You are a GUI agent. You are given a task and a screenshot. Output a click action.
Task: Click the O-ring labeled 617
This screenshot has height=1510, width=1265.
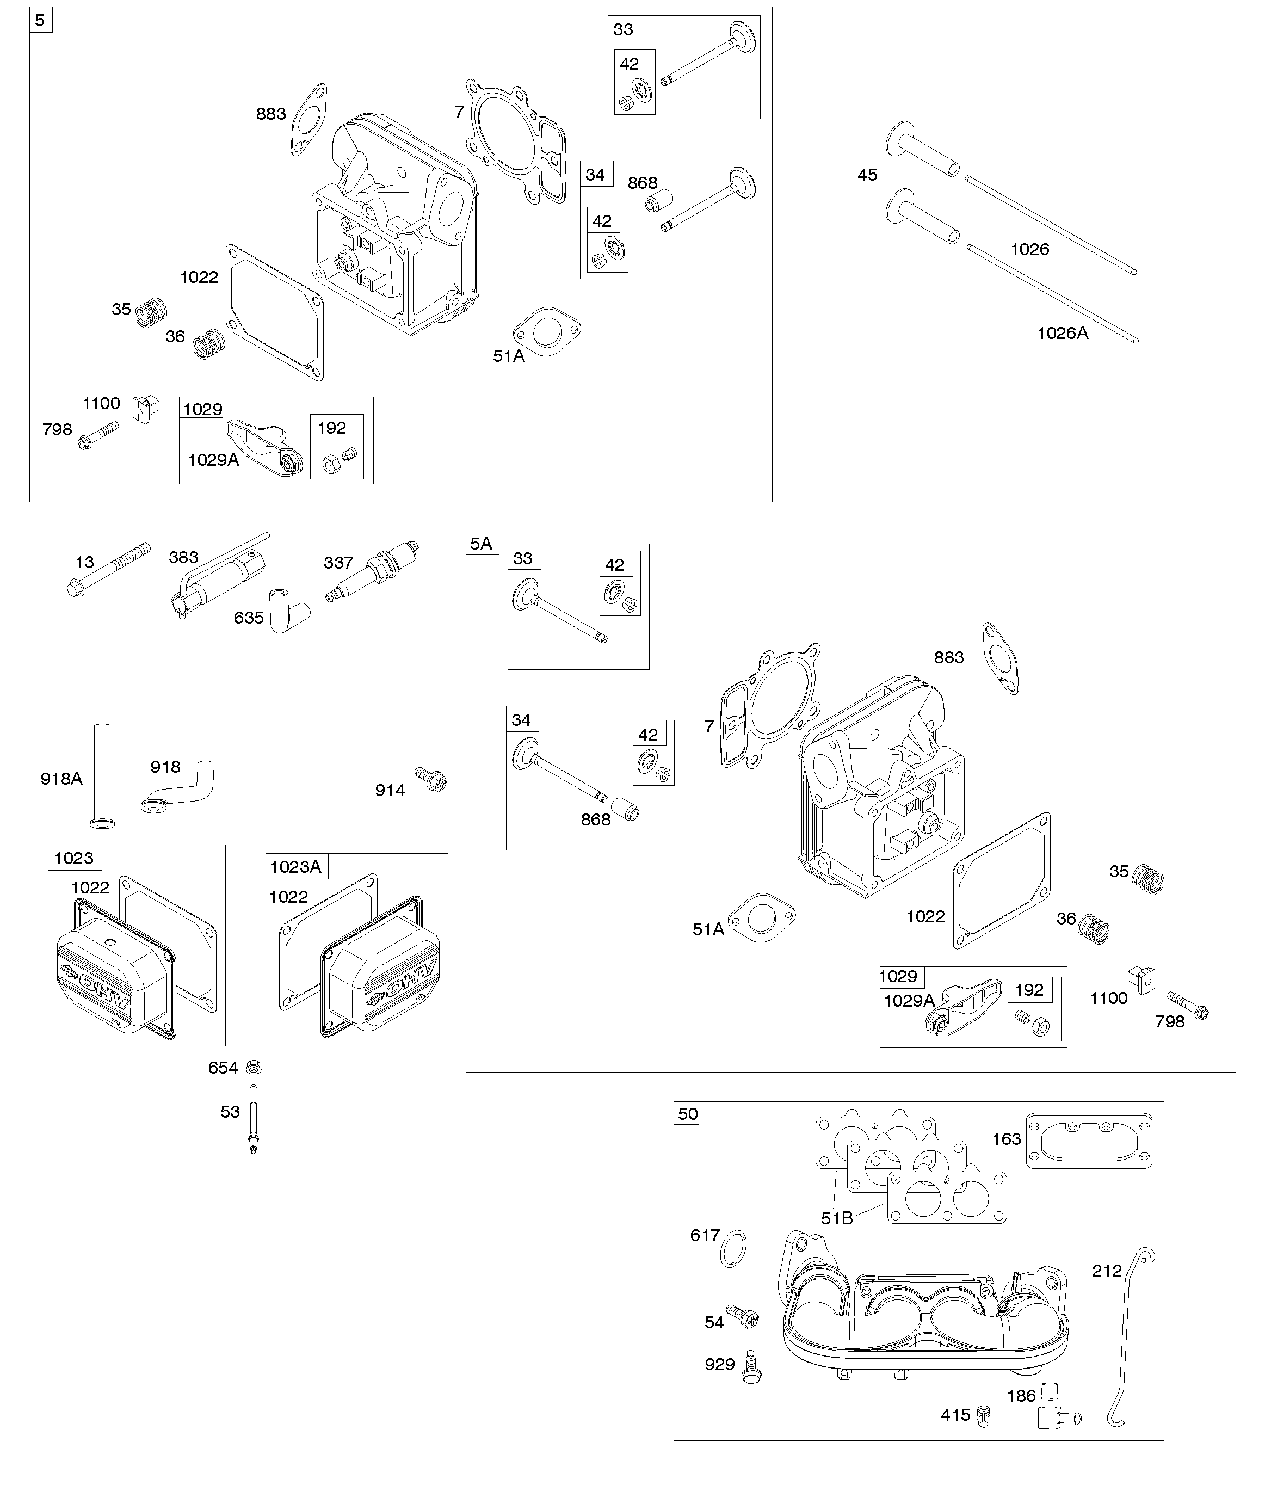point(733,1248)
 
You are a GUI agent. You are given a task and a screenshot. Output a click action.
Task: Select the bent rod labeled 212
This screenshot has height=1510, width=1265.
point(1128,1339)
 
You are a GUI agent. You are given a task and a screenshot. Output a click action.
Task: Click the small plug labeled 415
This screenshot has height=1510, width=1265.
point(984,1416)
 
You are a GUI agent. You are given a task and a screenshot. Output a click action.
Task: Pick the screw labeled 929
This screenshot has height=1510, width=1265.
point(751,1366)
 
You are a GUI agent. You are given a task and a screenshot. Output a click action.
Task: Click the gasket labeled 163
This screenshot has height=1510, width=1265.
point(1089,1141)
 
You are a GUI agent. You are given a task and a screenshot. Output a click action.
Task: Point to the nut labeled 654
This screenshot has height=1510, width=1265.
point(252,1067)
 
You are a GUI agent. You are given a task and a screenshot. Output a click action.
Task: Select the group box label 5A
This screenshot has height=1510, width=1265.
point(481,543)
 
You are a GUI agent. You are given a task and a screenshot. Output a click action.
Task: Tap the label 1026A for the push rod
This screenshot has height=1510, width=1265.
point(1062,333)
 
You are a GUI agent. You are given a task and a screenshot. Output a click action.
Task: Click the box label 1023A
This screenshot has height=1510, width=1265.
point(295,866)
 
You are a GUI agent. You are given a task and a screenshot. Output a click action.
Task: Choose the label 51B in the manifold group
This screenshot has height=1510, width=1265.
point(836,1217)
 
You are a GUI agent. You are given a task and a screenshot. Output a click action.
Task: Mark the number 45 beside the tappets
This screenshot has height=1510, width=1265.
point(867,175)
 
